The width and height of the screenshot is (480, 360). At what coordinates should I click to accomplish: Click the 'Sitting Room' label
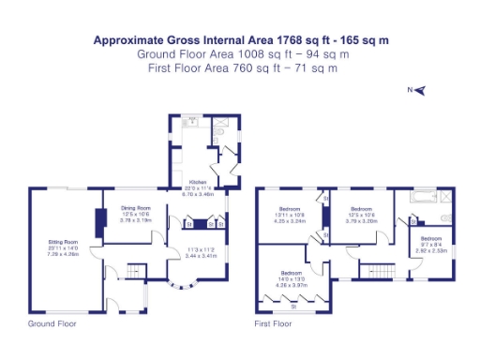(x=63, y=242)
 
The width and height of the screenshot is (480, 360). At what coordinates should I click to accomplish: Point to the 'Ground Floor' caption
(x=52, y=323)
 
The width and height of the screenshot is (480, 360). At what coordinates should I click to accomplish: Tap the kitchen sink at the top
(x=191, y=122)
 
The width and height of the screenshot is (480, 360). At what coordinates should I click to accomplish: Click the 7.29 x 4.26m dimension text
(x=63, y=253)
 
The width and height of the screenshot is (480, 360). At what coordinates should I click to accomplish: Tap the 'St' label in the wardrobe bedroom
(x=293, y=307)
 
